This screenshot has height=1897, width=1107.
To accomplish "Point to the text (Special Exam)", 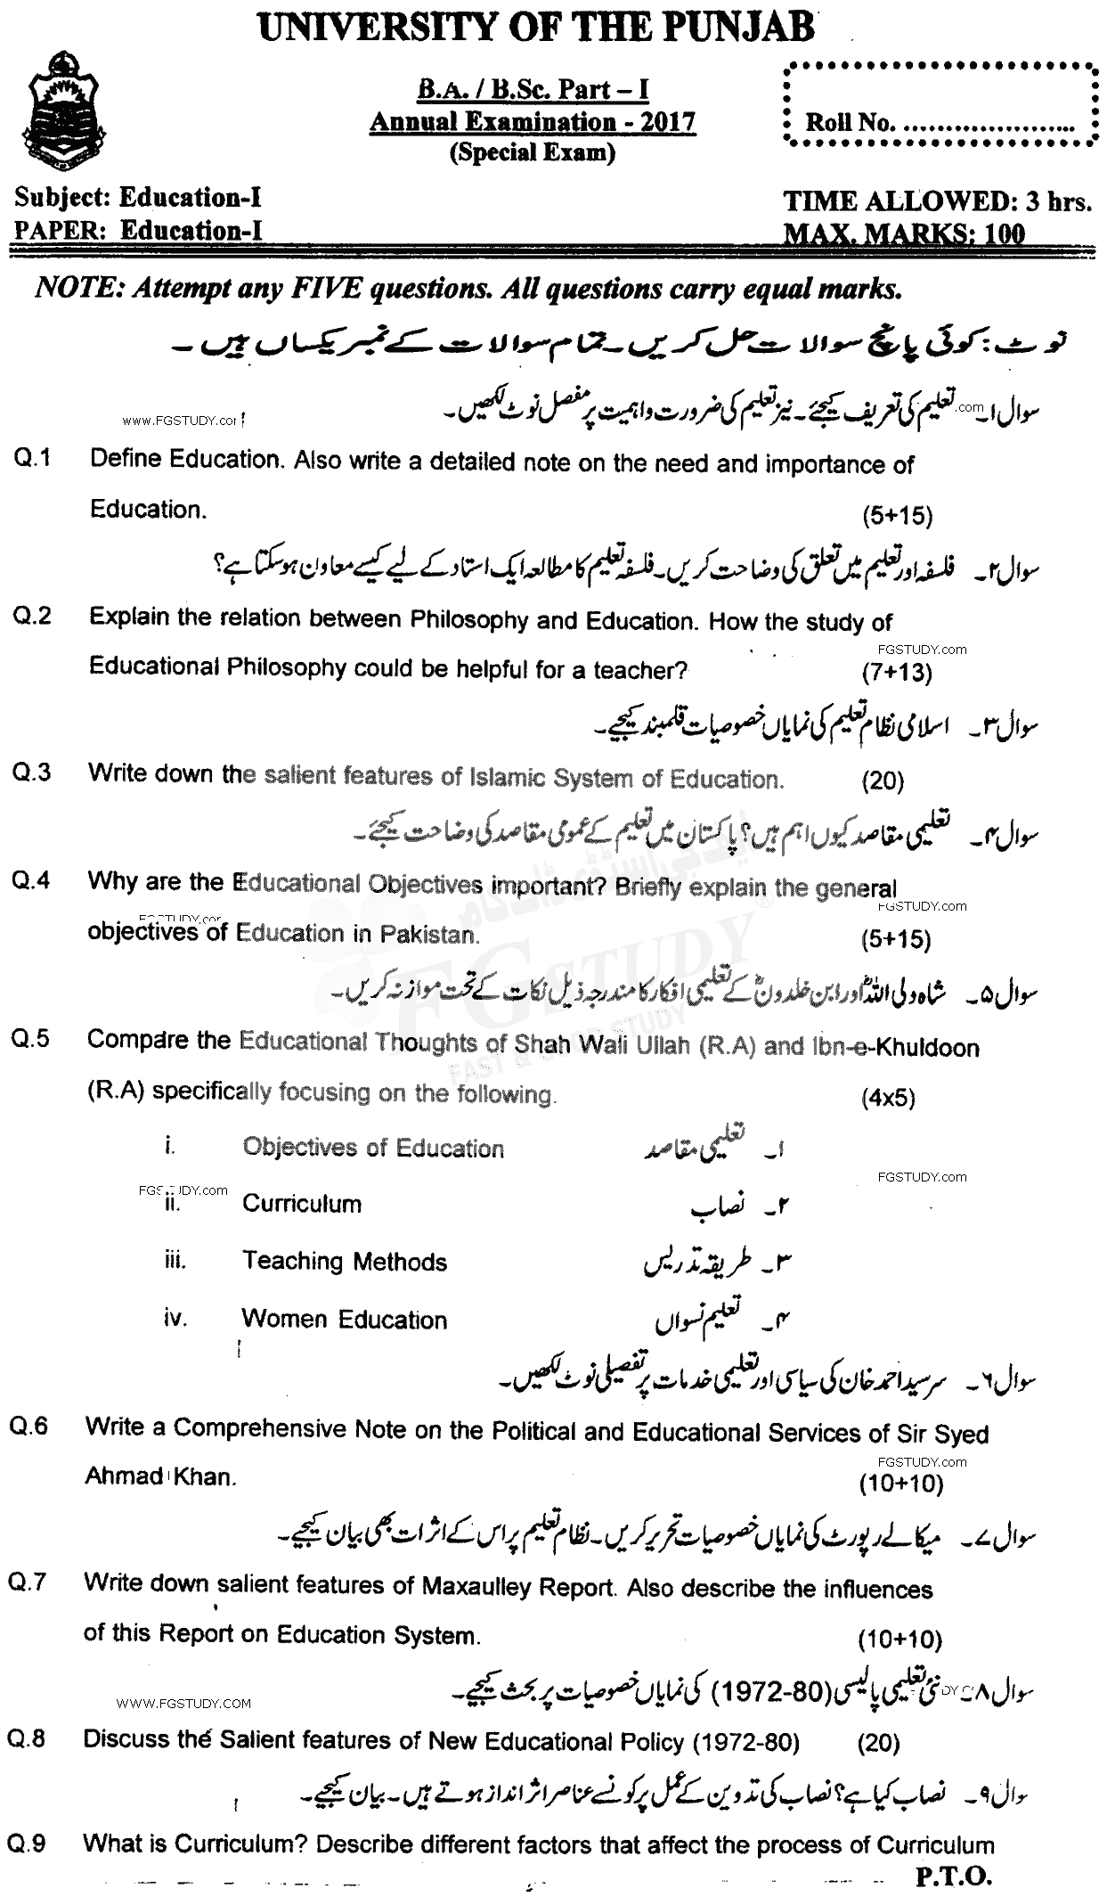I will click(x=533, y=152).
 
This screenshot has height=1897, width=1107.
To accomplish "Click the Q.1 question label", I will click(x=33, y=459).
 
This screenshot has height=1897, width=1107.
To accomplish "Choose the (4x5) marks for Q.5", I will click(x=888, y=1098).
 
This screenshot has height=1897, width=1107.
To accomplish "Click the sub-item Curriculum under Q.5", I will click(x=302, y=1204).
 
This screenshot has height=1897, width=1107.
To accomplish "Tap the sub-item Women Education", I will click(x=344, y=1320).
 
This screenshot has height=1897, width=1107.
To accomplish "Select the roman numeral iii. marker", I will click(x=175, y=1260).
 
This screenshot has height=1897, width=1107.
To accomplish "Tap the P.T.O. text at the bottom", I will click(x=953, y=1877).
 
